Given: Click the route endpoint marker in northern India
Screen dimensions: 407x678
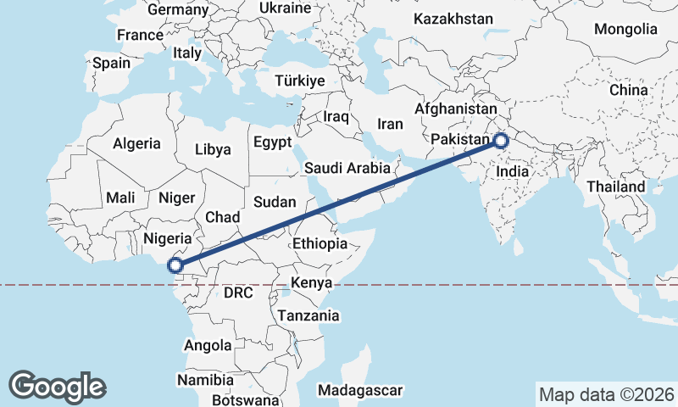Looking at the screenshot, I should coord(501,141).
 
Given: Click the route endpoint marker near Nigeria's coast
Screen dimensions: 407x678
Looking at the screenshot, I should coord(176,265).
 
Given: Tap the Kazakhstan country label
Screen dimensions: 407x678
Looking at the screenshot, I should coord(453,19).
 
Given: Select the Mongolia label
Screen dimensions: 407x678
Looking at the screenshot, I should coord(625,29).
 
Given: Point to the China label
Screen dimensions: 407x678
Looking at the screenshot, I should coord(628,89).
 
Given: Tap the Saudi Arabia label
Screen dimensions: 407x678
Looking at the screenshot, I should coord(347,168).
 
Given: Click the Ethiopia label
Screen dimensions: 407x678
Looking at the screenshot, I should coord(320,243).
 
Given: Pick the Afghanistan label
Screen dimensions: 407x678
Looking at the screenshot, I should coord(455,109).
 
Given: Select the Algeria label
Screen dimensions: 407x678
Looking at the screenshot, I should coord(136,144).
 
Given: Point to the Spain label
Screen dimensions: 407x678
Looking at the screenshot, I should coord(112,63).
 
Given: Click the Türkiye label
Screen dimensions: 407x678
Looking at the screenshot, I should coord(300,81).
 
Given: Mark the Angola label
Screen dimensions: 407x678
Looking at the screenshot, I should coord(208,345).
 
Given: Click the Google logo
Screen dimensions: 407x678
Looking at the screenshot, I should coord(58,386).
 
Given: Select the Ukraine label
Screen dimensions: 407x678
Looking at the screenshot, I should coord(285,8).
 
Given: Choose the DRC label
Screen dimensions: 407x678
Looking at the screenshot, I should coord(239,293).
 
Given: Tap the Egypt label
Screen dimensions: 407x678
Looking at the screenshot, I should coord(272,142).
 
